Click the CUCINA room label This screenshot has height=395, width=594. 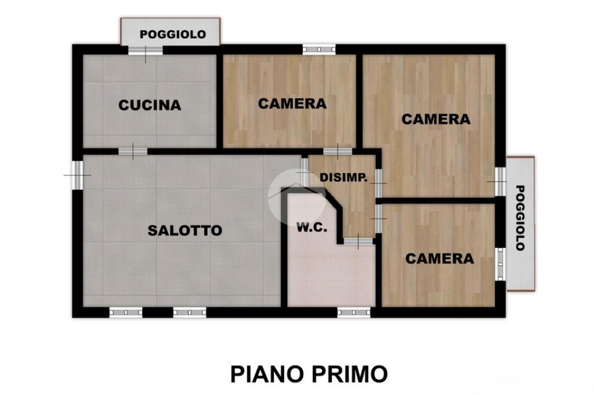[150, 105]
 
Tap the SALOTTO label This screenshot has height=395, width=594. [185, 231]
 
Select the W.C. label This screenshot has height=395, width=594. [312, 228]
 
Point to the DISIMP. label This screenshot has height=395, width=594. [343, 177]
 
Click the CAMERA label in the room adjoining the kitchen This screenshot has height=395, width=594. [292, 103]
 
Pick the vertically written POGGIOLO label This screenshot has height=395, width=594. [520, 218]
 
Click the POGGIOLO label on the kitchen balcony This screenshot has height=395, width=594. [173, 34]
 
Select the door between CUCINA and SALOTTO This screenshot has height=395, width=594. [133, 151]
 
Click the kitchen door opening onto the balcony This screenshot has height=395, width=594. [146, 50]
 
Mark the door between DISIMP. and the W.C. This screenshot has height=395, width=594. [358, 240]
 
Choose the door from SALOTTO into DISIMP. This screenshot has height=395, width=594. [305, 172]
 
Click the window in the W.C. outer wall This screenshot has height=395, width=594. [354, 312]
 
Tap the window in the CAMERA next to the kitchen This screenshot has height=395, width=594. [319, 49]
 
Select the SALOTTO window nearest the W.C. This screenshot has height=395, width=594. [190, 312]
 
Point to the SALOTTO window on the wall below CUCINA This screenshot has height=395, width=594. [77, 175]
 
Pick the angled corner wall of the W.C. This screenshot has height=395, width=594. [334, 199]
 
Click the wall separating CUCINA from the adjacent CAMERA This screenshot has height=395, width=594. [219, 101]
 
